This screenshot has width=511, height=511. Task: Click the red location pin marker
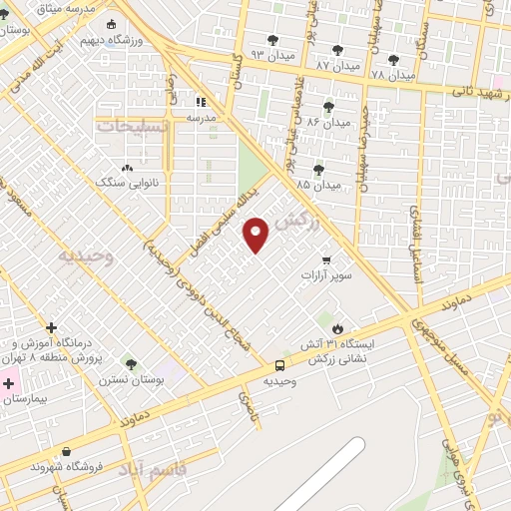[256, 235]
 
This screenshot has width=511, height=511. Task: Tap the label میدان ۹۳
[272, 54]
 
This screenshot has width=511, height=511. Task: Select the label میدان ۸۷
[336, 65]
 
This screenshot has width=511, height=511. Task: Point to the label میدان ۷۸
[392, 75]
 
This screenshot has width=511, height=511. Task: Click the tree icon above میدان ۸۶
[328, 107]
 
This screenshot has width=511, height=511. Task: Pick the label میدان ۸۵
[318, 185]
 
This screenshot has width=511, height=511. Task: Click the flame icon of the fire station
[336, 328]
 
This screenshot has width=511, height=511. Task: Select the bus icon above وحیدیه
[280, 366]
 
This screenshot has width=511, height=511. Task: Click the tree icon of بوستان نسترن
[130, 364]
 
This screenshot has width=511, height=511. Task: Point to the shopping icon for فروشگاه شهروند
[65, 452]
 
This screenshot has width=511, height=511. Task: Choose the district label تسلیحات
[134, 126]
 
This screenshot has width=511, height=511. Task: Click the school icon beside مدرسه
[201, 102]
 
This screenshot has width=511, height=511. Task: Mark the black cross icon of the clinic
[51, 326]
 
